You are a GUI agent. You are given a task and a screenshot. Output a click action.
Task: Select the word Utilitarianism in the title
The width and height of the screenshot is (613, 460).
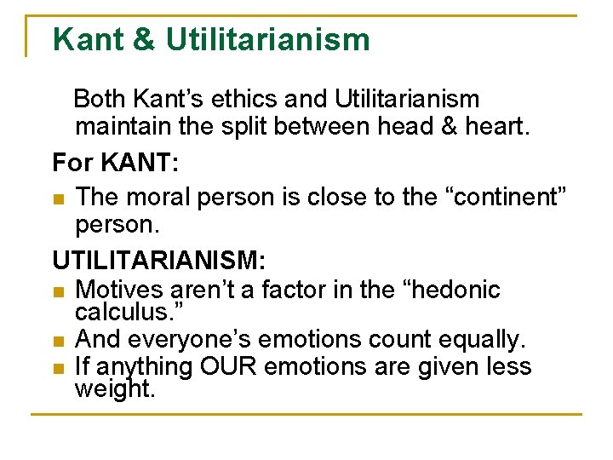[x=267, y=39]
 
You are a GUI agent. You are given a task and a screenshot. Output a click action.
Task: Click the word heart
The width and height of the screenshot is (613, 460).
[x=497, y=127]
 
